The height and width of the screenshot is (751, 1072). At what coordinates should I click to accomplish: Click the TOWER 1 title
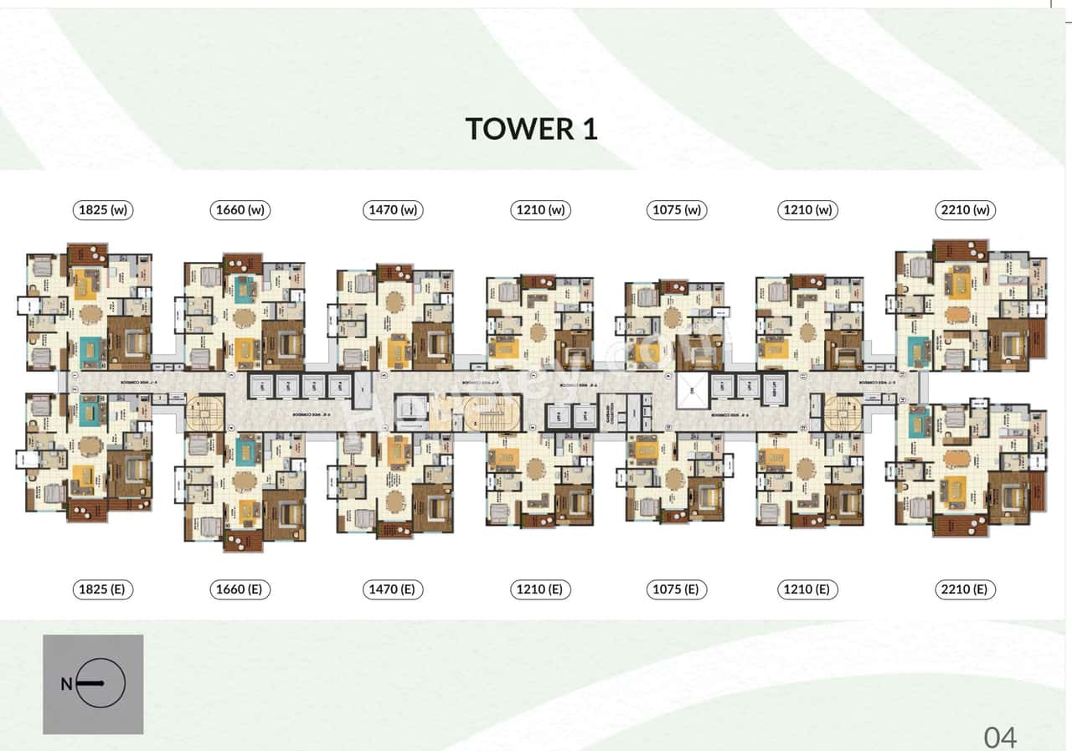(x=531, y=129)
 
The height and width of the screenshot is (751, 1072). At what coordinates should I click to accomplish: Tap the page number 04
(x=1000, y=737)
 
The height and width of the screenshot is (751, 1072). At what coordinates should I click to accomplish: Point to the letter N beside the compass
(x=66, y=684)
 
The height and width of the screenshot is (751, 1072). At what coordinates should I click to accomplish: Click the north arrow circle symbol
(x=100, y=684)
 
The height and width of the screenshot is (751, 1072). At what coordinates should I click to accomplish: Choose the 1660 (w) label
(x=240, y=210)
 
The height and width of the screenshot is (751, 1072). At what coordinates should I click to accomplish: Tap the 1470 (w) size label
(x=393, y=210)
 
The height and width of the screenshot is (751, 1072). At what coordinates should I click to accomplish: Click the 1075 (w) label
(x=677, y=210)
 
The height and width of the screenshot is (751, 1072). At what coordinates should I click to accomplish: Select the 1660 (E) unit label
(x=239, y=589)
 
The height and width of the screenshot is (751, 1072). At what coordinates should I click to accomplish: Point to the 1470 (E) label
(x=392, y=589)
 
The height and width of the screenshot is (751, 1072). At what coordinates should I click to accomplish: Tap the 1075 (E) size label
(x=676, y=589)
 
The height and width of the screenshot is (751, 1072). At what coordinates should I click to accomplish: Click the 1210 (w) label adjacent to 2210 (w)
(x=807, y=210)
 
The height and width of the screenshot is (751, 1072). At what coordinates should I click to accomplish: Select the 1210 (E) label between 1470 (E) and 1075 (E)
(x=540, y=589)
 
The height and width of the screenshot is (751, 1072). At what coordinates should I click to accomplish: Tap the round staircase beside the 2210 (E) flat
(x=841, y=412)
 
